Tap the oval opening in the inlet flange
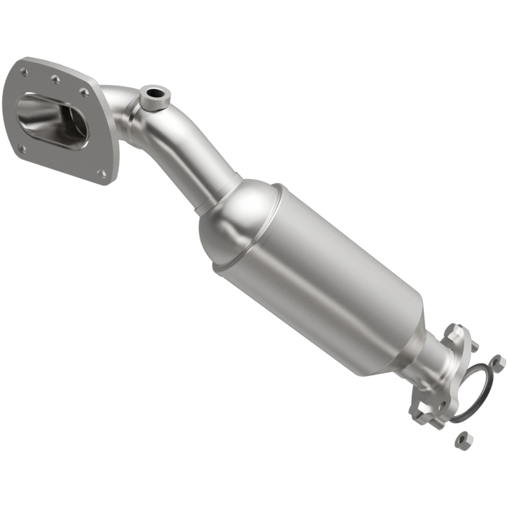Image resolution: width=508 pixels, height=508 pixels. click(52, 121)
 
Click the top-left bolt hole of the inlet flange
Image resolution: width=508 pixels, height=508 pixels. click(24, 72)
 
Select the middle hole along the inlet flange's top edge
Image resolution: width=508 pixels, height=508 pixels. click(55, 79)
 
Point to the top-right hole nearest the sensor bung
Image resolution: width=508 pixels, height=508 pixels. click(84, 93)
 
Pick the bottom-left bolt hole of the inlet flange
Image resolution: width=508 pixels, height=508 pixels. click(22, 149)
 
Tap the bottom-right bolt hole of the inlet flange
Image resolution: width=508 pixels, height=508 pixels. click(102, 172)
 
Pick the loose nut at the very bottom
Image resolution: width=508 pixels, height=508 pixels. click(464, 439)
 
